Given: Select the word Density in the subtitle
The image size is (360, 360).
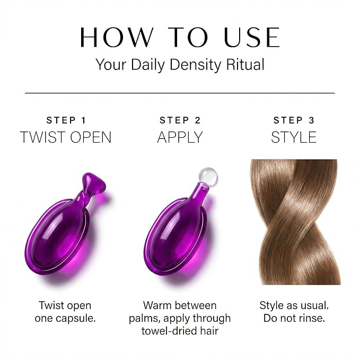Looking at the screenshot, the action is [195, 65].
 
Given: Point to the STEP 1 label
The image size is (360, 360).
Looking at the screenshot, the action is [66, 120].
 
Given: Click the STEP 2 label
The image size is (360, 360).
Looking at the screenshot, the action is [180, 120].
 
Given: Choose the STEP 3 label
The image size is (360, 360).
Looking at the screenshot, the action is [294, 120].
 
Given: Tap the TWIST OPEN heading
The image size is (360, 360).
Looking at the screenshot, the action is [66, 137].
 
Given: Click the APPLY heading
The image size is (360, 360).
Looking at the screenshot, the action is [180, 137].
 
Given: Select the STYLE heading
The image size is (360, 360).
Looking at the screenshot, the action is [294, 137].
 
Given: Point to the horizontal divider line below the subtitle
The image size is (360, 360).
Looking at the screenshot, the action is [180, 93].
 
